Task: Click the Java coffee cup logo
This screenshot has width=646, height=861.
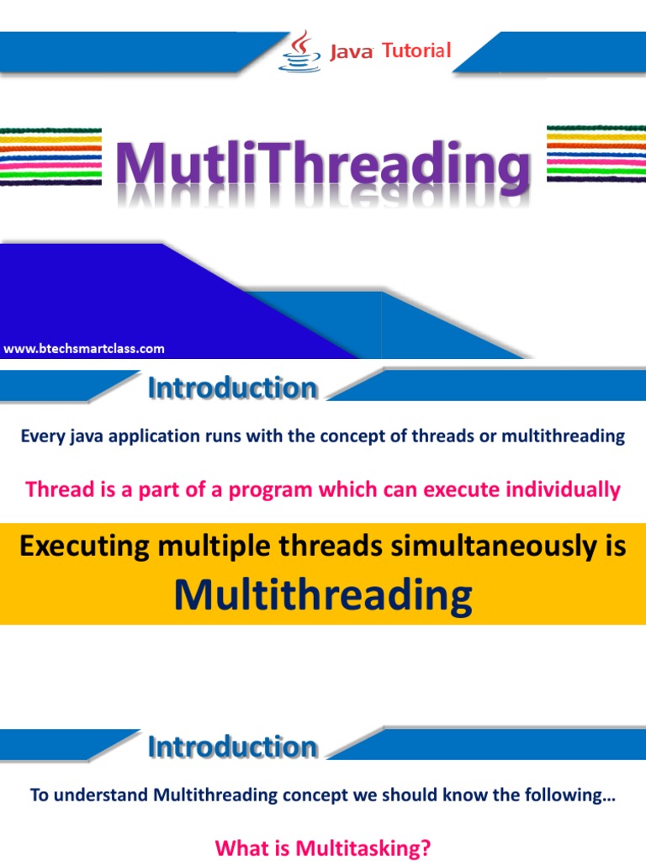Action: [x=301, y=51]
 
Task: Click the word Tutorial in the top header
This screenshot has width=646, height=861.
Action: [x=416, y=51]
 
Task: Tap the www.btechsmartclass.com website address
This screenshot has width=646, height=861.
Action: [x=84, y=348]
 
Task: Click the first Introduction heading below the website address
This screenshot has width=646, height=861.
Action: [x=233, y=388]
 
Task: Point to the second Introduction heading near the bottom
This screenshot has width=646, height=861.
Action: [x=233, y=747]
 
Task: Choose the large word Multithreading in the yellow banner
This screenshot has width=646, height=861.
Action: [x=323, y=595]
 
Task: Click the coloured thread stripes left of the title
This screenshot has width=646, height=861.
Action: [x=50, y=156]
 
